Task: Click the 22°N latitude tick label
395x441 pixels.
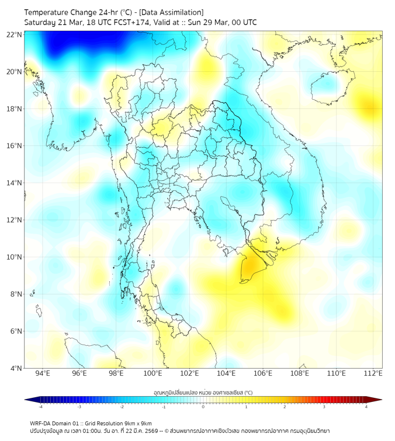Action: coord(15,34)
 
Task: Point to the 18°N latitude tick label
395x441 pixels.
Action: coord(15,108)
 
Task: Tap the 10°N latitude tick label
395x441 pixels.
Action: coord(15,257)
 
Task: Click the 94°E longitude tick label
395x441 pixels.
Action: coord(43,373)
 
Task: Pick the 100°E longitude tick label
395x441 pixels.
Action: coord(153,373)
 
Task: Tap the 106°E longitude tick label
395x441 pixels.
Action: coord(263,373)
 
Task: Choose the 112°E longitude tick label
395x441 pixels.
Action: coord(373,373)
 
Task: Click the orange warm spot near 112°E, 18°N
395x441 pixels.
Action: coord(370,107)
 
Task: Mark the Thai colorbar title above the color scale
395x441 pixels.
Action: coord(203,393)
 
